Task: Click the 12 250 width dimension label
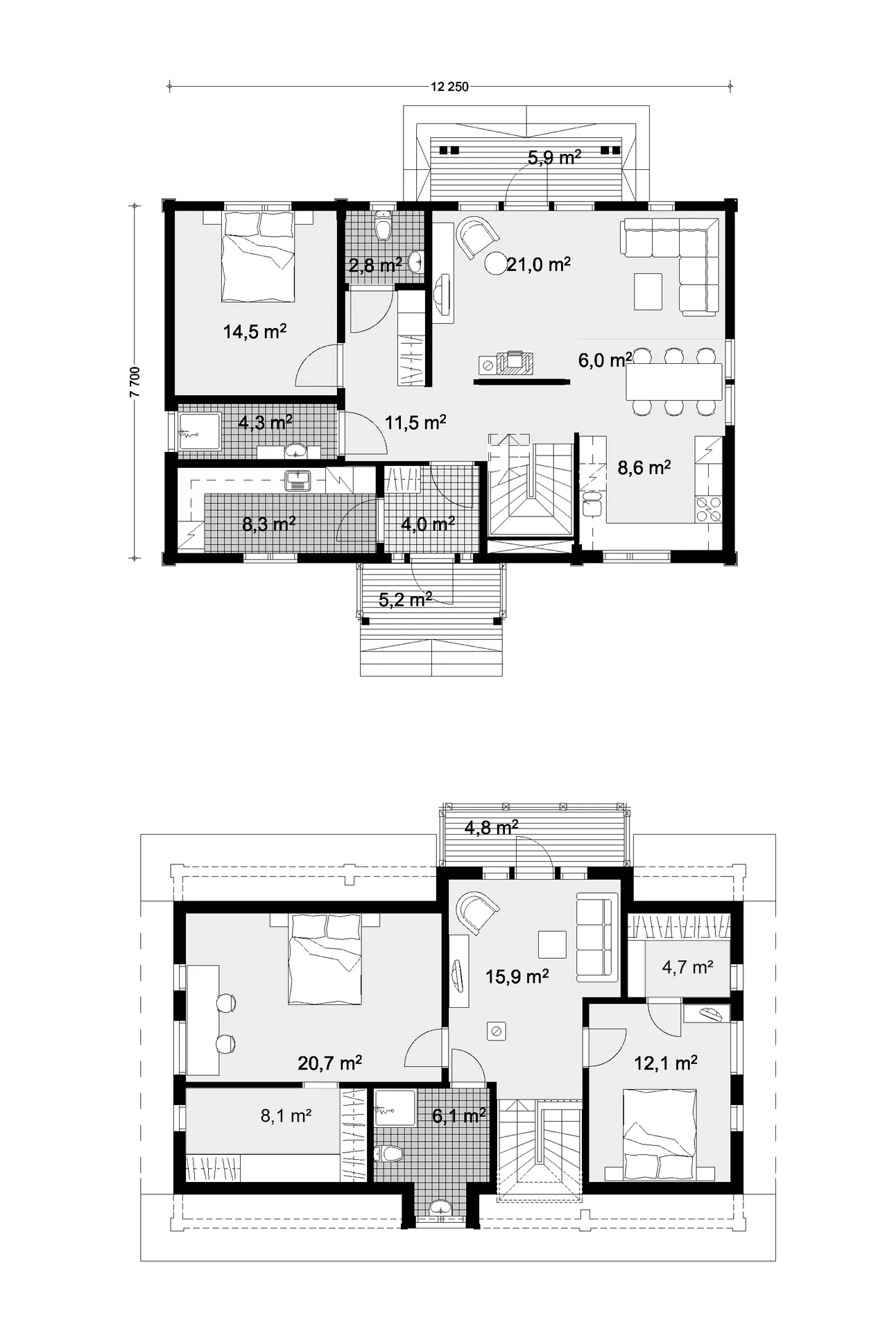[449, 87]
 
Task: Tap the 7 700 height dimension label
[135, 381]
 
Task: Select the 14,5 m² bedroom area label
[255, 331]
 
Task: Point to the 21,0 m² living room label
[538, 263]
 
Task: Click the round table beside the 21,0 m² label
[497, 263]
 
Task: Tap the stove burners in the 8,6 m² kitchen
[707, 510]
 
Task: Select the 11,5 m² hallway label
[415, 422]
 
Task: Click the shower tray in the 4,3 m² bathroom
[200, 433]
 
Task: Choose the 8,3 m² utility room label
[269, 523]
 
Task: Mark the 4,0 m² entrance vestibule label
[428, 523]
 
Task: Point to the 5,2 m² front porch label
[406, 600]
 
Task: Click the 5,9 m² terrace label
[554, 157]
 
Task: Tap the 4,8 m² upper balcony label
[492, 827]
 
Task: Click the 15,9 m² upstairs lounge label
[517, 977]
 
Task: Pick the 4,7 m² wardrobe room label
[687, 967]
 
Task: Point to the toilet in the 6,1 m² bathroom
[388, 1154]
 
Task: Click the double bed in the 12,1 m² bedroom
[660, 1134]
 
